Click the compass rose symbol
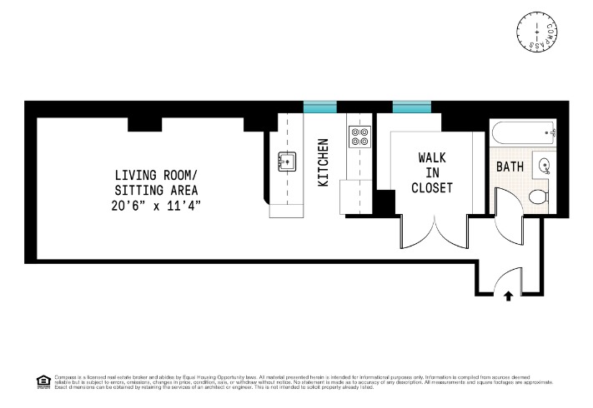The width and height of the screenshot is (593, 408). [540, 32]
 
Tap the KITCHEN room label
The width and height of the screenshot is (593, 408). [323, 162]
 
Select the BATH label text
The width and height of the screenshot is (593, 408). [510, 167]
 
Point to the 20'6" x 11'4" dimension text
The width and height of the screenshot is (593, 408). [158, 204]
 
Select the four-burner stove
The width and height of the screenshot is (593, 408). [359, 137]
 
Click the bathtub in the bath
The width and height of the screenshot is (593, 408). [522, 131]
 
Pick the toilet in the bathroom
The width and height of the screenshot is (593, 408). [538, 197]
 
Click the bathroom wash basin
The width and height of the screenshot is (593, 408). [545, 165]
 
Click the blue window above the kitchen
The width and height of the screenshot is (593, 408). [319, 107]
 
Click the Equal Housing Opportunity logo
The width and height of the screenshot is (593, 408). [43, 381]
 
